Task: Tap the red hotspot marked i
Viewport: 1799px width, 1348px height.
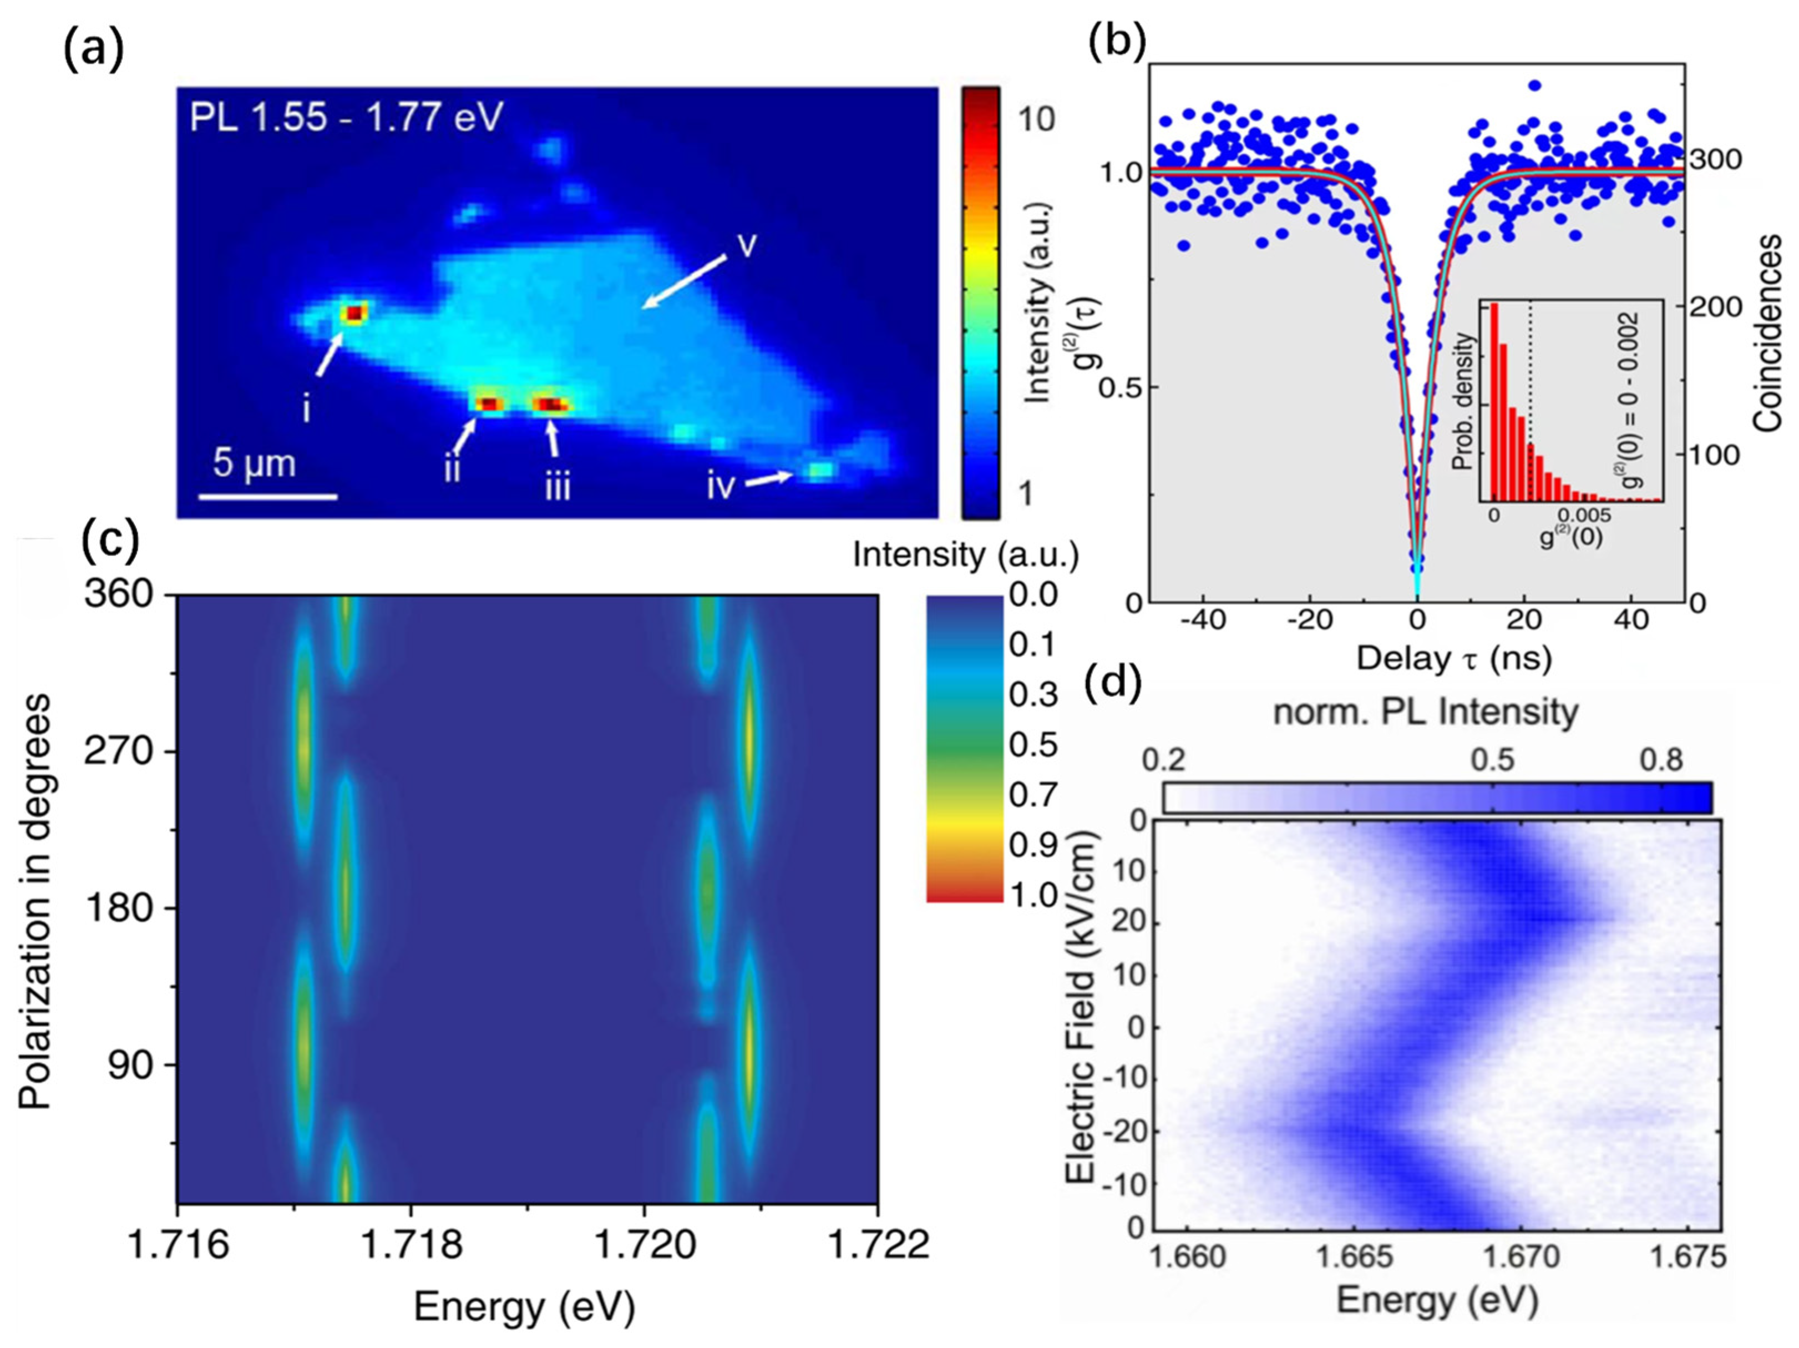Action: (x=354, y=313)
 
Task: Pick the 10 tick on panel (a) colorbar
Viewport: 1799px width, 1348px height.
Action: (x=1036, y=119)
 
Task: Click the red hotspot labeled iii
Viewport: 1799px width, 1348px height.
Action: (x=552, y=405)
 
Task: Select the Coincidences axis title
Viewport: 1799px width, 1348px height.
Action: (x=1768, y=333)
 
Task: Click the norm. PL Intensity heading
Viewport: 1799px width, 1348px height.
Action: (x=1426, y=712)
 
